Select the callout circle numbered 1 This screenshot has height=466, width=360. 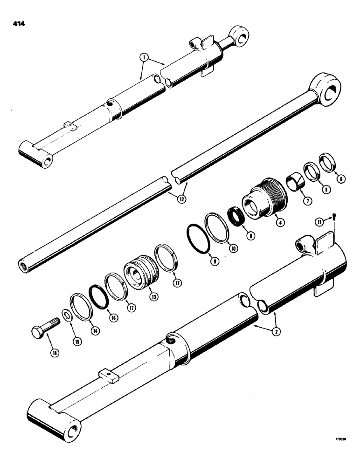145,58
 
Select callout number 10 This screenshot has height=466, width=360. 234,249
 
